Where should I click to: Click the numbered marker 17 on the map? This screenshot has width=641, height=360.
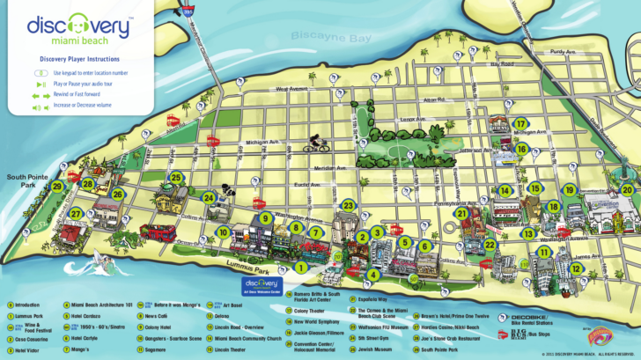[521, 124]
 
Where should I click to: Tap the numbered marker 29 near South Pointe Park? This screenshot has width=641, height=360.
[57, 186]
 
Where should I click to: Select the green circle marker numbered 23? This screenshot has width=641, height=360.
[349, 206]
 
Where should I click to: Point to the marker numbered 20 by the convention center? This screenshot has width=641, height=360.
[626, 189]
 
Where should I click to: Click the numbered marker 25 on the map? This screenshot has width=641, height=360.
[176, 178]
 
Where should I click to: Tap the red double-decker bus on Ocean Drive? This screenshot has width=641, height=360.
[162, 233]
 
